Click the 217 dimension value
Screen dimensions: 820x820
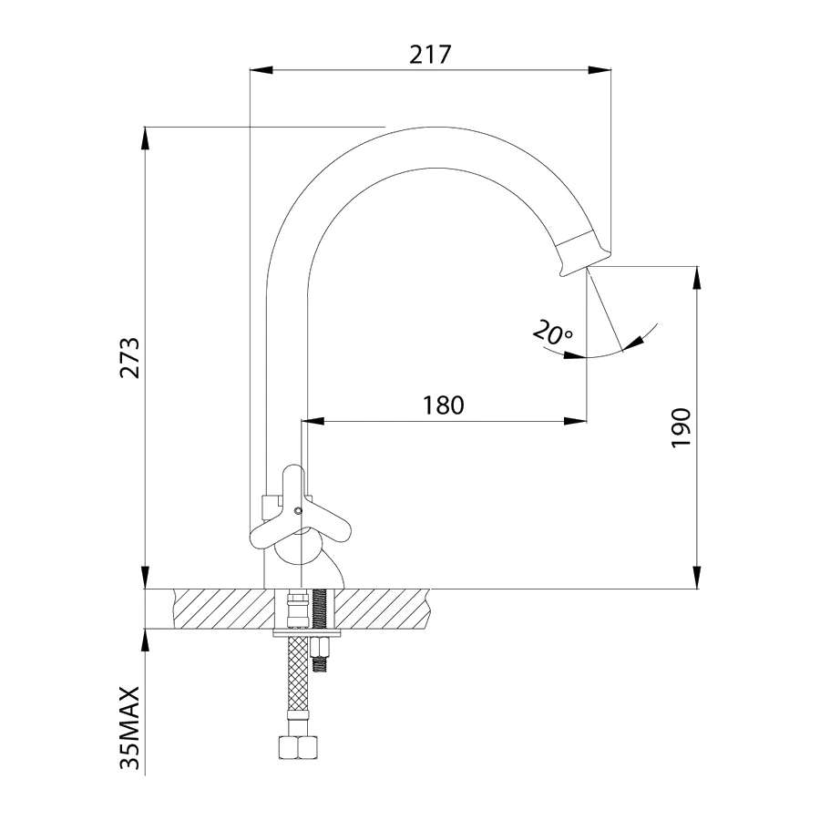coord(430,54)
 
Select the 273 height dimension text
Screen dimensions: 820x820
coord(130,358)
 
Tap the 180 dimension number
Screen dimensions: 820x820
coord(443,405)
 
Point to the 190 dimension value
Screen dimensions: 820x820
coord(681,428)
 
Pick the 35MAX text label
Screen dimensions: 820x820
coord(130,727)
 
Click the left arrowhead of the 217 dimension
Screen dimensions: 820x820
coord(261,69)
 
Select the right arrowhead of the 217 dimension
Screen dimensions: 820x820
coord(600,69)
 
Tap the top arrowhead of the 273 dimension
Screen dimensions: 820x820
coord(146,138)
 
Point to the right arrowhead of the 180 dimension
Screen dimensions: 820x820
coord(575,421)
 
